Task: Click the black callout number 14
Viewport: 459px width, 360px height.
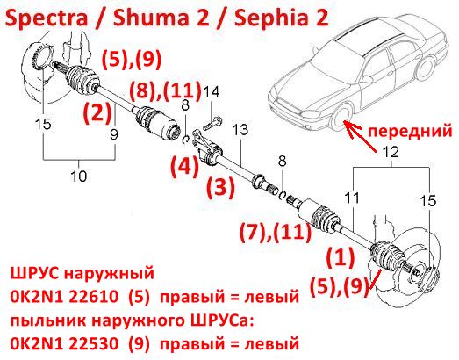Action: [x=211, y=92]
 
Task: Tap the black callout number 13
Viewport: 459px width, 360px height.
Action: [x=240, y=130]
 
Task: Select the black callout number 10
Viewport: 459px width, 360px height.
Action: [x=79, y=176]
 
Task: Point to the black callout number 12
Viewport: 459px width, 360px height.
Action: [x=391, y=152]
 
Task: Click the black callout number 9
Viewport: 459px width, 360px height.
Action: [x=114, y=134]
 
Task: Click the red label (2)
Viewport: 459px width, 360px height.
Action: [x=97, y=113]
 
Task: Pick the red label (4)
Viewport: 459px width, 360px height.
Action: [x=185, y=167]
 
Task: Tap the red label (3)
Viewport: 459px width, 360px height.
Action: [x=221, y=188]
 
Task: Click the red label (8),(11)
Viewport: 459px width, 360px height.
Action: [x=166, y=90]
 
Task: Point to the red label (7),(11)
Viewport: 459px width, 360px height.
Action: [x=276, y=233]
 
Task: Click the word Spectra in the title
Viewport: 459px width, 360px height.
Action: [x=46, y=18]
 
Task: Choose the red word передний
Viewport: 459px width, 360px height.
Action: [x=410, y=131]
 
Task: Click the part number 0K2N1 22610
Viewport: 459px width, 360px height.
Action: [x=64, y=297]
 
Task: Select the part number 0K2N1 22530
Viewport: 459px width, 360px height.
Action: [x=64, y=342]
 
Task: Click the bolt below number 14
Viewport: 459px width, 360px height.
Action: [x=212, y=123]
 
